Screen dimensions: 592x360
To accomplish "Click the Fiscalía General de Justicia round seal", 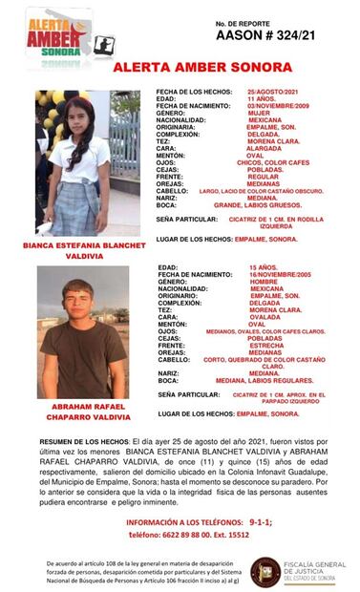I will click(265, 569).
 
